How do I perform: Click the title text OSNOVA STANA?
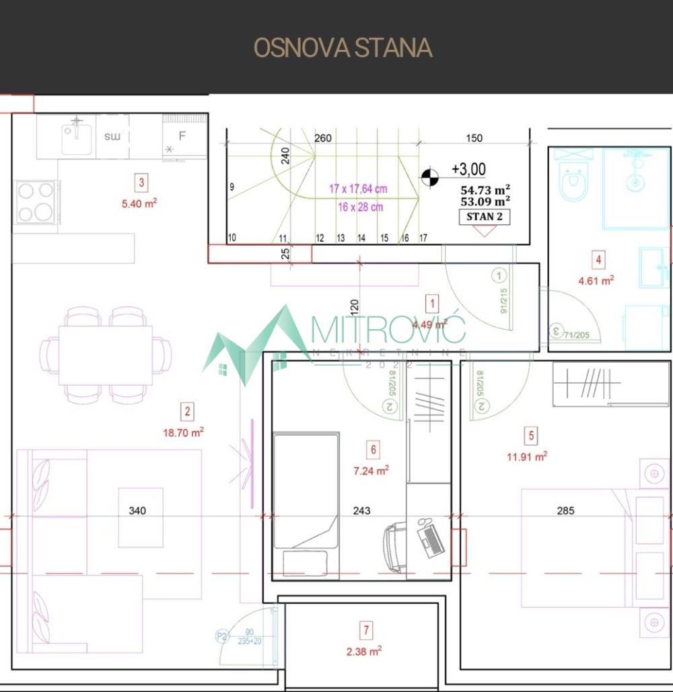coord(343,48)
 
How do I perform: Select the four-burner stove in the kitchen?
coord(36,202)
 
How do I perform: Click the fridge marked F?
coord(183,137)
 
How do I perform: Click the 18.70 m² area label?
coord(183,432)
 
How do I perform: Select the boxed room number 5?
coord(532,436)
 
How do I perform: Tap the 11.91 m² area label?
coord(526,456)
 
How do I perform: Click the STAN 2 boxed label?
coord(484,217)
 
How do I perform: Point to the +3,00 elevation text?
coord(468,169)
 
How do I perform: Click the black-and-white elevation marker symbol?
coord(429,178)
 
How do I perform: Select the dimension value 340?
coord(137,511)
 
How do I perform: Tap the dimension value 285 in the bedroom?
coord(565,511)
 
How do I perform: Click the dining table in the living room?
coord(106,355)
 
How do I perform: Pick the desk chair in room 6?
coord(395,545)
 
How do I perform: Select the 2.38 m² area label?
coord(365,651)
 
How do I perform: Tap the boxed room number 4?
coord(598,259)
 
